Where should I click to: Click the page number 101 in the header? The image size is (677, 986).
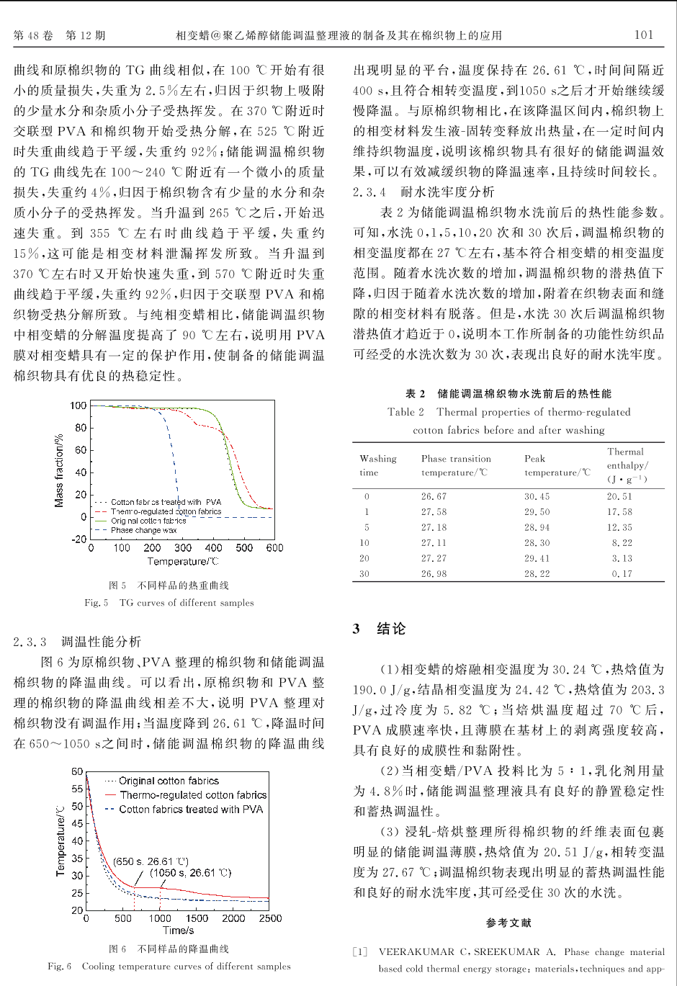point(644,35)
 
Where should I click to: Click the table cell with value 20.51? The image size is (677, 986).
point(619,496)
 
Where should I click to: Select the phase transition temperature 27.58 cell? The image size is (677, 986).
point(434,512)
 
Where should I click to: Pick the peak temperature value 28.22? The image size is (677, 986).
point(537,574)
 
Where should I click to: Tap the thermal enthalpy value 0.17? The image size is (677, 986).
point(622,574)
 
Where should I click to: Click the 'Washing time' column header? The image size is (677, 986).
point(377,465)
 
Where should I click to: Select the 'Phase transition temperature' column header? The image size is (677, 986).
point(456,465)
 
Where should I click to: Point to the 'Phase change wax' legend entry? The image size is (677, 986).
point(143,530)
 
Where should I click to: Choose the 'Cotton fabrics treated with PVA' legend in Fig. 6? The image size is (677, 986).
point(191,810)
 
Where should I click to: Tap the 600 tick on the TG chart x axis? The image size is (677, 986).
point(274,548)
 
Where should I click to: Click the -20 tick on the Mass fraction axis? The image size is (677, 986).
point(79,539)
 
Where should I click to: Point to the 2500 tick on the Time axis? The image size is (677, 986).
point(270,918)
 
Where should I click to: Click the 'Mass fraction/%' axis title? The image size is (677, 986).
point(60,470)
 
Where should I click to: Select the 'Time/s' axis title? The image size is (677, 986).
point(178,931)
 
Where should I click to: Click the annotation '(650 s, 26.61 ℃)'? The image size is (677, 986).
point(151,861)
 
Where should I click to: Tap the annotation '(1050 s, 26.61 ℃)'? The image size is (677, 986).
point(190,873)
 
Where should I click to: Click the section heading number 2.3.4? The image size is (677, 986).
point(369,192)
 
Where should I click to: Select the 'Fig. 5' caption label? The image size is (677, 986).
point(97,603)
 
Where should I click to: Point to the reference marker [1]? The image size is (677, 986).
point(360,952)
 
